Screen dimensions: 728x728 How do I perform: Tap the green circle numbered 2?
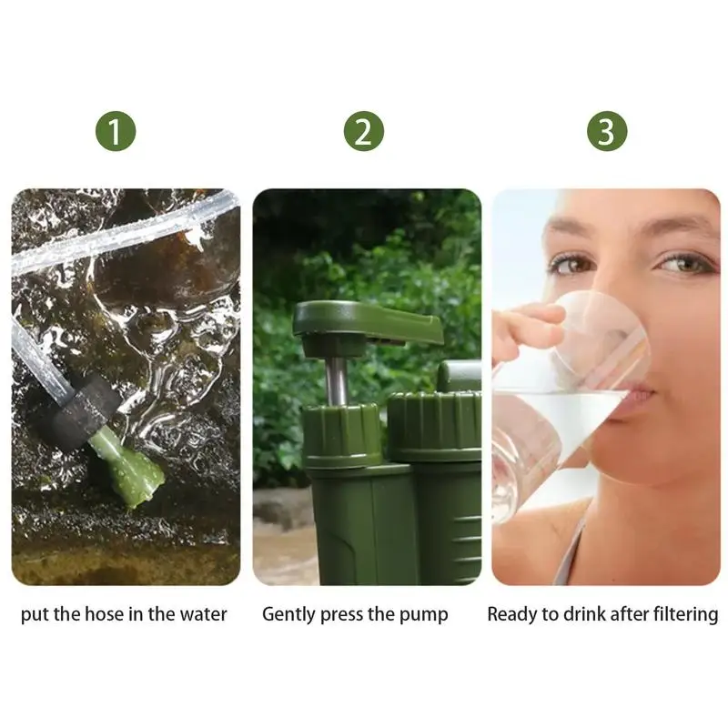coord(363,133)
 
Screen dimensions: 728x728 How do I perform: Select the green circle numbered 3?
coord(606,133)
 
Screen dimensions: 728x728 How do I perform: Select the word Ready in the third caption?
coord(511,615)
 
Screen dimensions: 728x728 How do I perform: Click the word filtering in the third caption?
coord(684,615)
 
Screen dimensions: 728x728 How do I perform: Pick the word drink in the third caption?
coord(581,615)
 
